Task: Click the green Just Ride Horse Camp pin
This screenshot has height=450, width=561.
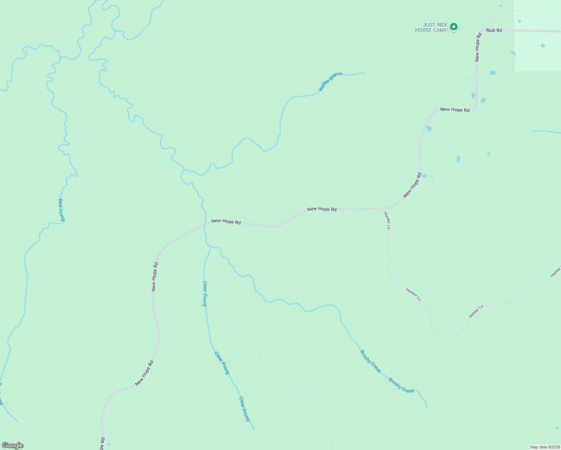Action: (454, 27)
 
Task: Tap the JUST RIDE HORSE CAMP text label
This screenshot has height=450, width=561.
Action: (431, 27)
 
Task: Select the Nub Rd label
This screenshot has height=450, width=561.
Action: (494, 30)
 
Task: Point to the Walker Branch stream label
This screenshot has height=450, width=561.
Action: (330, 81)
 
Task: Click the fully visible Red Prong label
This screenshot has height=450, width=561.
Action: (61, 210)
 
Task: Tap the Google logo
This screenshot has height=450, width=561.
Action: (12, 445)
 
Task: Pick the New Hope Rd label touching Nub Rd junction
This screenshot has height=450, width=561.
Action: (477, 47)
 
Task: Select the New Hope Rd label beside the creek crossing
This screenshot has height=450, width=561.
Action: (226, 222)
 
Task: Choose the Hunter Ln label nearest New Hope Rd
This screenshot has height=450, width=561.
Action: (387, 220)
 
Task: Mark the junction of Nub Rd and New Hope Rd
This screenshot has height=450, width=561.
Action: (482, 30)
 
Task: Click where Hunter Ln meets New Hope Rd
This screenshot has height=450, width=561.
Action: (382, 209)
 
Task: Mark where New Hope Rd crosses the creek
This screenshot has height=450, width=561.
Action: (205, 223)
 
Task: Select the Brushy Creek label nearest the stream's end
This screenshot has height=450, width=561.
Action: (401, 385)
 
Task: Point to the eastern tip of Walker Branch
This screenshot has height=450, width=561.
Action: (364, 73)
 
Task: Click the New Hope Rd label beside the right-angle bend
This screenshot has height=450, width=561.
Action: (454, 110)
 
